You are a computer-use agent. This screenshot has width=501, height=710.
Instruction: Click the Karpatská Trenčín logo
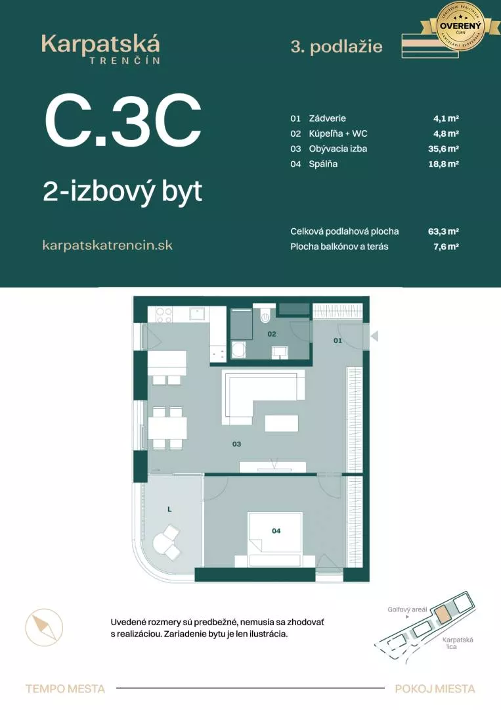(x=100, y=48)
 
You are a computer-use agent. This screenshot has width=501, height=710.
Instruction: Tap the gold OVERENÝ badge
(x=460, y=27)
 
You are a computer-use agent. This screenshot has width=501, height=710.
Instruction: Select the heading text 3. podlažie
(x=336, y=46)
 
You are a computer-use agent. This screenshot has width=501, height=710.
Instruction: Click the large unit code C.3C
(x=123, y=122)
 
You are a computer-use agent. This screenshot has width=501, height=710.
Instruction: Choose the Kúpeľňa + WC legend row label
(x=338, y=133)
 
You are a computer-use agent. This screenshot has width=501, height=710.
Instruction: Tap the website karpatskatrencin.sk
(x=107, y=245)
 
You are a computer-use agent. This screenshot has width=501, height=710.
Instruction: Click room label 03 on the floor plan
(x=236, y=444)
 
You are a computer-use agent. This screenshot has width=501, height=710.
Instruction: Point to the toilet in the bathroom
(x=265, y=316)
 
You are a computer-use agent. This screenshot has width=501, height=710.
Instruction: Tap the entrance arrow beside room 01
(x=374, y=337)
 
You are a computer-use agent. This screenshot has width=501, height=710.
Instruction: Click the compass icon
(x=45, y=627)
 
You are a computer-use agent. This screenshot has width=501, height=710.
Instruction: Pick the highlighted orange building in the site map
(x=444, y=615)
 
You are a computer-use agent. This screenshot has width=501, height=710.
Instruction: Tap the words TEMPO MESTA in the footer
(x=65, y=688)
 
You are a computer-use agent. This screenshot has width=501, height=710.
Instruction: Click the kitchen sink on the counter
(x=198, y=314)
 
